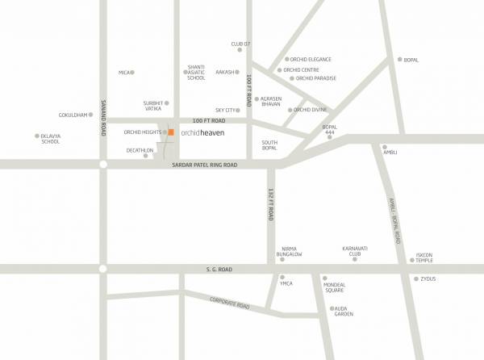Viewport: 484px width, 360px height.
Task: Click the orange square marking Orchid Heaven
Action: (x=171, y=132)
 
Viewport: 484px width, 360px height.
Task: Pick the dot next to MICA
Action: (x=133, y=73)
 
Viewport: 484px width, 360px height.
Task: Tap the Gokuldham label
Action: (x=73, y=115)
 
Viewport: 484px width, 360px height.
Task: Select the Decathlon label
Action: (x=140, y=150)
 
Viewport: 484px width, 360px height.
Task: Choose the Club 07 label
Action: (x=241, y=44)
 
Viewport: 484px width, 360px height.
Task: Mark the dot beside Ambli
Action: (x=385, y=148)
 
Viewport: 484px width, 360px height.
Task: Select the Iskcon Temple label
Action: (x=424, y=257)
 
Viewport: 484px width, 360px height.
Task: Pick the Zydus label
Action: (x=428, y=279)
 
